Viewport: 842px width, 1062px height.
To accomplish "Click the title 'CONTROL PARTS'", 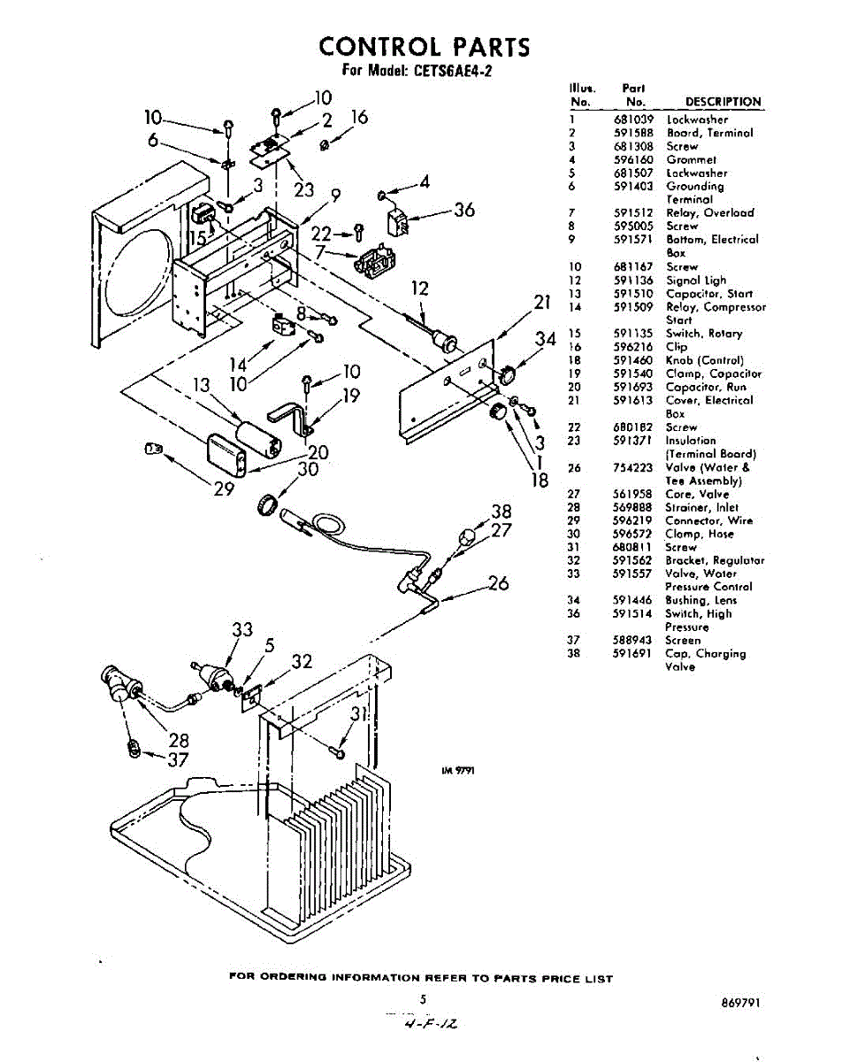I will [x=424, y=46].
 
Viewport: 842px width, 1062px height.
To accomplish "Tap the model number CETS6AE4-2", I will [x=448, y=73].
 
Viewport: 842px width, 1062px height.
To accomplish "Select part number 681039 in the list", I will [x=632, y=119].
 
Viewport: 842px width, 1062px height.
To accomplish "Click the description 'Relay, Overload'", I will [x=709, y=213].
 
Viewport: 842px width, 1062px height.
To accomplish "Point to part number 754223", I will [x=632, y=467].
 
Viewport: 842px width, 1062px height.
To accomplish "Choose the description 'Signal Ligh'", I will [x=696, y=281].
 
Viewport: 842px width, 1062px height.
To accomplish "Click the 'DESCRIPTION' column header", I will [x=723, y=102].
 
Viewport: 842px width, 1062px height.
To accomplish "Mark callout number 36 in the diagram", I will [x=463, y=210].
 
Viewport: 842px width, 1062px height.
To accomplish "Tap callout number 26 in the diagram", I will [x=498, y=583].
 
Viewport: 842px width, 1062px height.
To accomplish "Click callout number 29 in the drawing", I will [x=224, y=489].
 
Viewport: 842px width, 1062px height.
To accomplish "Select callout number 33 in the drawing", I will [x=242, y=630].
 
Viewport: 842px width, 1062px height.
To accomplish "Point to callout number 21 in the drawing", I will [x=542, y=303].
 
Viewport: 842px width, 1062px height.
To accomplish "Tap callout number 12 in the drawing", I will [x=419, y=288].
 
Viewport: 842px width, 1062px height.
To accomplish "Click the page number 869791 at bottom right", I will [x=740, y=1003].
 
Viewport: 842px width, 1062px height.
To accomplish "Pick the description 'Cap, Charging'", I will [x=705, y=654].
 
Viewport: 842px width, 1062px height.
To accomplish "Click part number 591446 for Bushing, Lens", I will [x=632, y=600].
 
